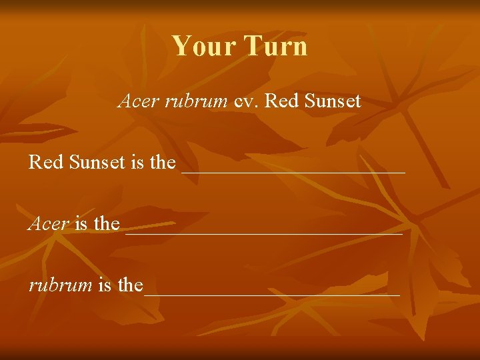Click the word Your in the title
pyautogui.click(x=203, y=46)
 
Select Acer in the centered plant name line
pyautogui.click(x=138, y=101)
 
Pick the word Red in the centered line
pyautogui.click(x=278, y=101)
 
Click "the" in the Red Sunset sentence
pyautogui.click(x=163, y=162)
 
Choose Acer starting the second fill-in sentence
pyautogui.click(x=48, y=223)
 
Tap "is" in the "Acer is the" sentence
pyautogui.click(x=81, y=223)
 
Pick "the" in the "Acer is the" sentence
pyautogui.click(x=107, y=223)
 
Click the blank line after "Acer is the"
pyautogui.click(x=263, y=233)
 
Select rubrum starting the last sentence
pyautogui.click(x=60, y=285)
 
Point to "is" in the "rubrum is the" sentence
pyautogui.click(x=105, y=285)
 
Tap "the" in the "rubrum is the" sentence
pyautogui.click(x=130, y=285)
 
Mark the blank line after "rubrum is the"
pyautogui.click(x=272, y=293)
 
